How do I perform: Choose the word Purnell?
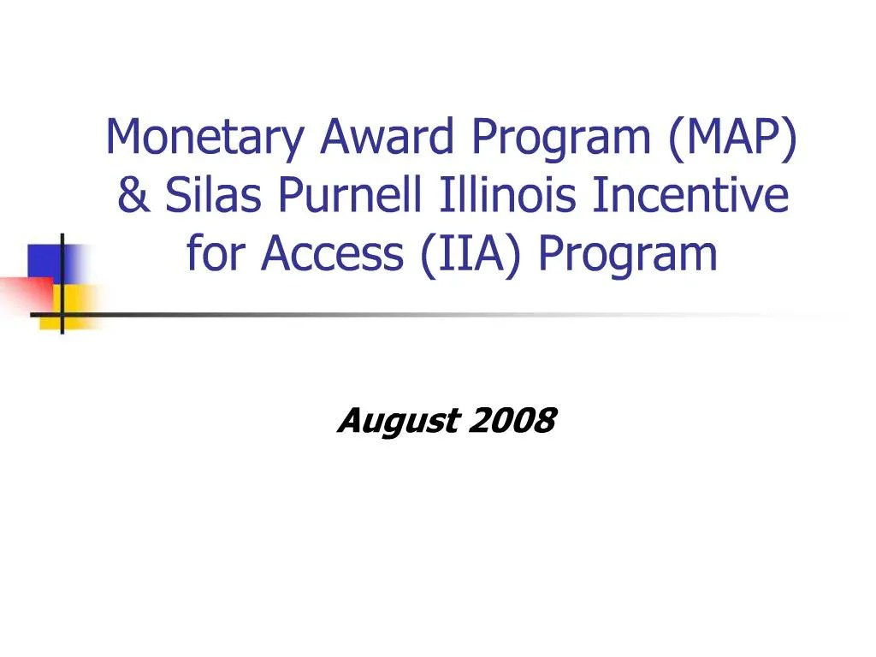click(x=351, y=196)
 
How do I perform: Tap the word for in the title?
click(x=212, y=253)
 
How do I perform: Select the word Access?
click(x=334, y=253)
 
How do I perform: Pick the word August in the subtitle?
click(x=397, y=422)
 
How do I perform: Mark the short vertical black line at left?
click(x=62, y=282)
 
